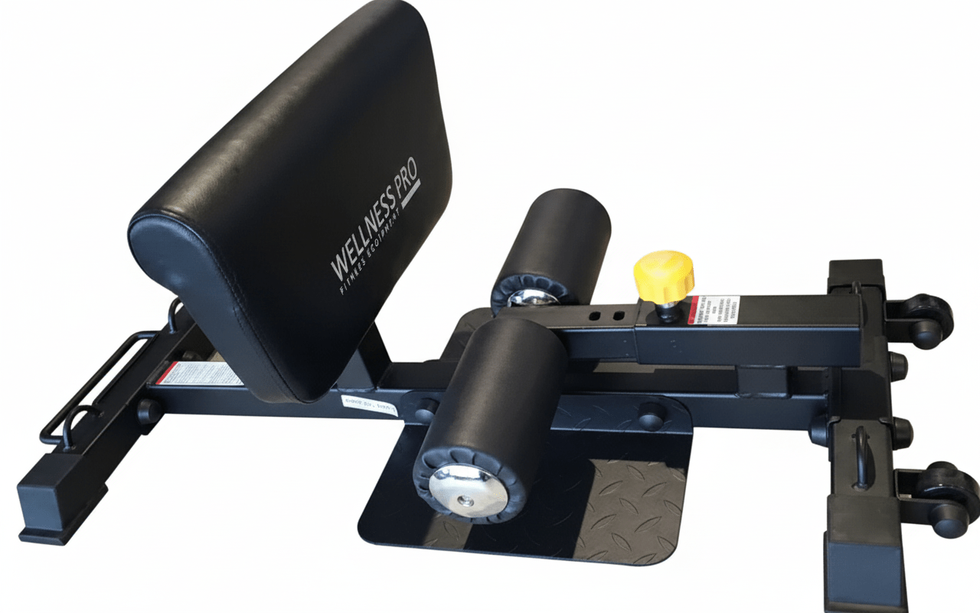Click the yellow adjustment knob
pyautogui.click(x=663, y=274)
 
